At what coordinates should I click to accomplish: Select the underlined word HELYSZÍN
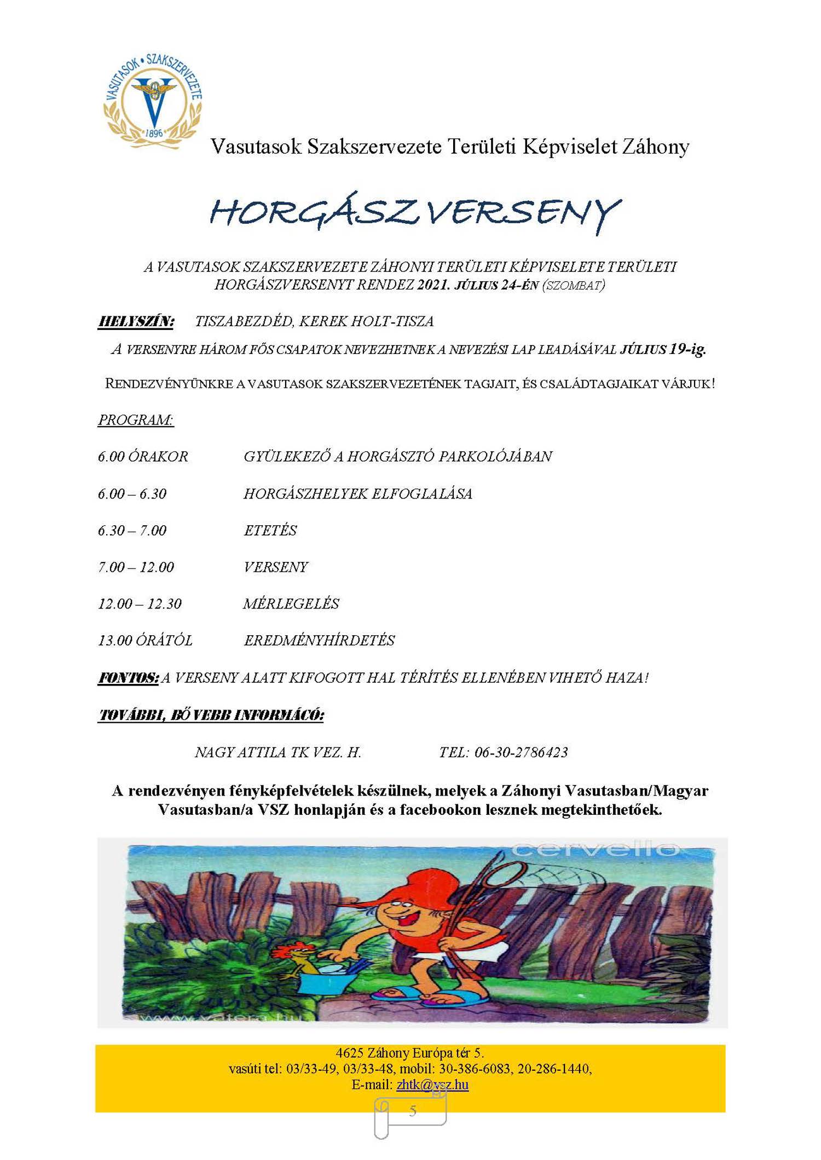[136, 321]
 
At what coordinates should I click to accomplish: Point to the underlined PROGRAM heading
[136, 420]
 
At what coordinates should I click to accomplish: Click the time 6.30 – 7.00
[132, 530]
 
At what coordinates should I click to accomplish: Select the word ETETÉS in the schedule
[270, 530]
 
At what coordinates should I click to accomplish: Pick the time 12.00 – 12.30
[140, 604]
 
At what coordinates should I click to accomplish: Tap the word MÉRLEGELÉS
[291, 604]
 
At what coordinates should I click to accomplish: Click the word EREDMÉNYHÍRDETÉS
[319, 640]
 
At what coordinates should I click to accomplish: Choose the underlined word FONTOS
[129, 678]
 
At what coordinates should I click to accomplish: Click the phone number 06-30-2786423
[521, 752]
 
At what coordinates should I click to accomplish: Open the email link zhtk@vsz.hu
[432, 1084]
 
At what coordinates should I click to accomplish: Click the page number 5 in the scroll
[413, 1110]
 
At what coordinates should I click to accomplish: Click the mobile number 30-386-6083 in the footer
[474, 1068]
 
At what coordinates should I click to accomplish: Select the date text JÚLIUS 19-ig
[663, 349]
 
